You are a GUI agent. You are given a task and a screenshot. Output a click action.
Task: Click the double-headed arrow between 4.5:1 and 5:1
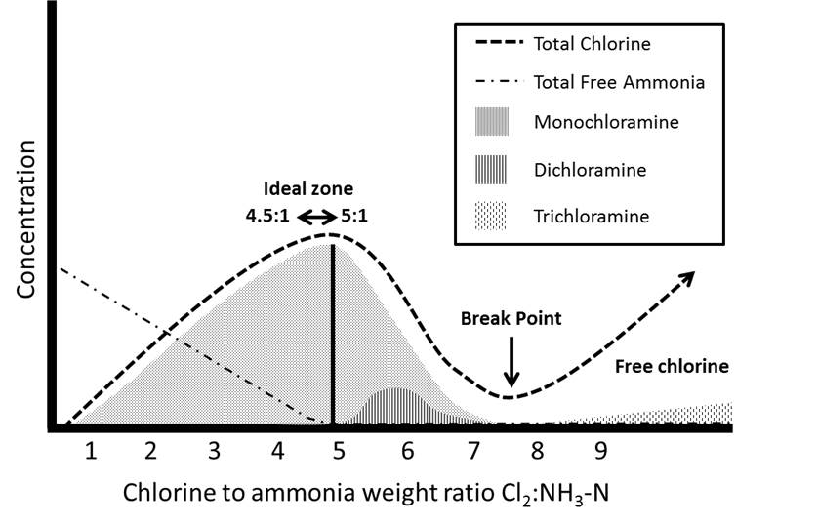pos(316,216)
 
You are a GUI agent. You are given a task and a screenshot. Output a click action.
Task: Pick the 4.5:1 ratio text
pos(268,216)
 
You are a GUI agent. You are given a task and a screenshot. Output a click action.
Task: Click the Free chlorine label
pos(672,367)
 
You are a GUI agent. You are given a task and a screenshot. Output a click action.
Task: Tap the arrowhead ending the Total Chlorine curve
pos(688,276)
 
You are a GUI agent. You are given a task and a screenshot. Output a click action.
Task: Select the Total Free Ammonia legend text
pos(619,82)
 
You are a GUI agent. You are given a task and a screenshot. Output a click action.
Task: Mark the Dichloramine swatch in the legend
pos(499,171)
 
